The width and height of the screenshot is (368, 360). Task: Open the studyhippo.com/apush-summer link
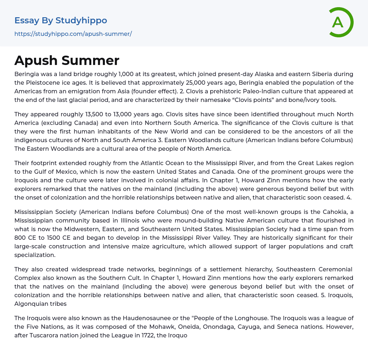pos(73,34)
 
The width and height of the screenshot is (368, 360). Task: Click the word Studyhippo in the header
pos(81,20)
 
